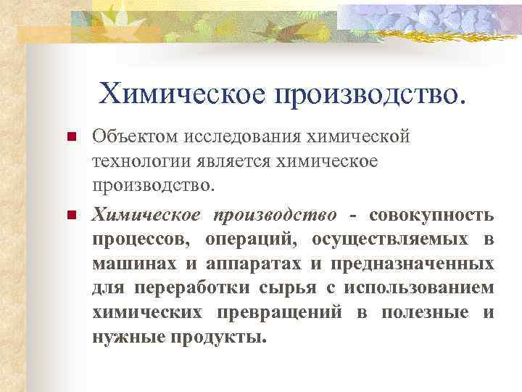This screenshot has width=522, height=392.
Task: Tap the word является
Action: click(231, 161)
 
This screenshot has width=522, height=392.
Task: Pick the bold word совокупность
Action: click(432, 216)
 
